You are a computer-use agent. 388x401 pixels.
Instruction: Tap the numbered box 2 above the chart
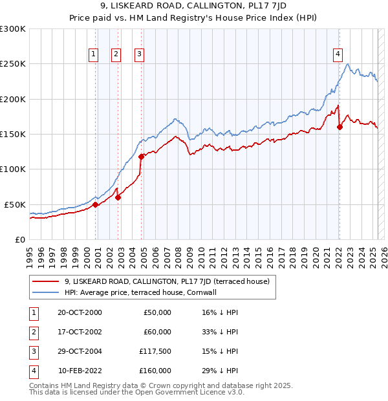click(x=116, y=54)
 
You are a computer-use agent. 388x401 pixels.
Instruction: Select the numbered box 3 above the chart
click(x=140, y=54)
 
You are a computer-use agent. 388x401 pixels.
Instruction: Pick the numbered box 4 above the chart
click(x=338, y=54)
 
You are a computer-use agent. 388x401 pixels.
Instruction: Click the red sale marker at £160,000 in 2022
click(x=339, y=127)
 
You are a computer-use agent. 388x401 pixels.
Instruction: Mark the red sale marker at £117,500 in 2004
click(x=141, y=157)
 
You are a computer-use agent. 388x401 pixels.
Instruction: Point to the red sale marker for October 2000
click(x=96, y=204)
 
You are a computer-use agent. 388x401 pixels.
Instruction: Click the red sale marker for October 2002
click(x=118, y=197)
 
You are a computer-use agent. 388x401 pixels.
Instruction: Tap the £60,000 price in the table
click(x=157, y=332)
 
